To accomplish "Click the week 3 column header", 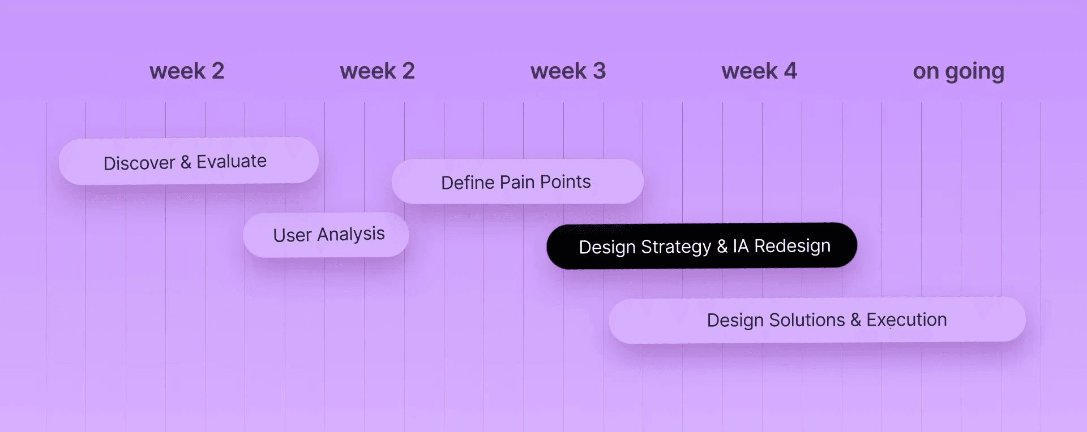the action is point(568,71).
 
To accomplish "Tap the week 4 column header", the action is point(759,71).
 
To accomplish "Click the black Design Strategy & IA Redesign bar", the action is point(701,246).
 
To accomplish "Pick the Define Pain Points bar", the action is point(517,182).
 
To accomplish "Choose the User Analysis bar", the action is point(326,235).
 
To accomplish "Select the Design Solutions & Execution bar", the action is point(817,320).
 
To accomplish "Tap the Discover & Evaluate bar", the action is point(189,161).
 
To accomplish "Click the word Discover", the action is point(139,163).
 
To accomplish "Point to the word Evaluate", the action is point(232,162).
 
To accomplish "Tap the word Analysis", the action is point(351,234).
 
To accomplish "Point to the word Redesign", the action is point(793,247).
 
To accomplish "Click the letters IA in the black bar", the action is point(741,247).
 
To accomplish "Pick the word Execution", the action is point(906,320).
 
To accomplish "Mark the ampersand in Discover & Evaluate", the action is point(186,163).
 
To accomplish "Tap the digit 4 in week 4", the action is point(790,71).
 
